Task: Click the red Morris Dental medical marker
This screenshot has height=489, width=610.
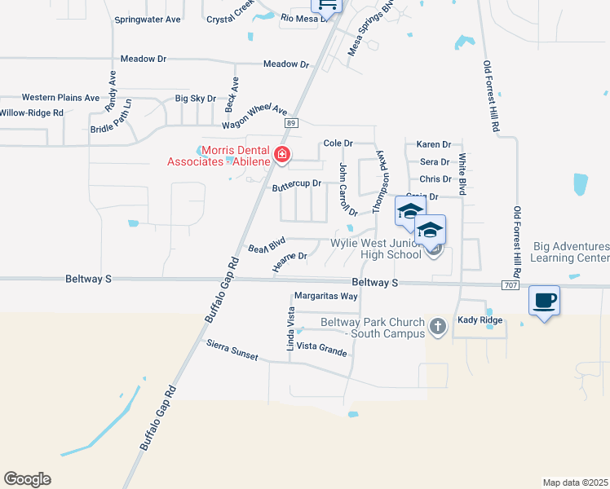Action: click(x=282, y=155)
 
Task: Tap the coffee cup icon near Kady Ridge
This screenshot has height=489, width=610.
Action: click(x=545, y=302)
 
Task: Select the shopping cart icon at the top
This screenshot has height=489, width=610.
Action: click(x=326, y=4)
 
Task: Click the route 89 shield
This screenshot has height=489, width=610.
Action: click(x=290, y=122)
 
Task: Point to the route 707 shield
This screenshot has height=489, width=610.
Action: click(x=511, y=285)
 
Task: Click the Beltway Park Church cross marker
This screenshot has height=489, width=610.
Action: click(x=437, y=327)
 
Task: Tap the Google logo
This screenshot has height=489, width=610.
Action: click(x=27, y=479)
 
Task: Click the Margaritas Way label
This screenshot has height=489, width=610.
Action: click(x=326, y=296)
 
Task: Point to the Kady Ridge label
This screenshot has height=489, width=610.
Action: click(x=480, y=320)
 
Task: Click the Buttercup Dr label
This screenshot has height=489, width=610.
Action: click(x=297, y=185)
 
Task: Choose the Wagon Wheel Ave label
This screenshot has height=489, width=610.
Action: click(x=256, y=117)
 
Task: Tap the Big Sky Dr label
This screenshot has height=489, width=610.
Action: click(x=196, y=99)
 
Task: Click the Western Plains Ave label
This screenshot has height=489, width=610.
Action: click(x=61, y=97)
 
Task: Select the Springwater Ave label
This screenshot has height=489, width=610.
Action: click(x=148, y=19)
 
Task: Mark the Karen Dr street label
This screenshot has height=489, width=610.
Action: click(x=433, y=144)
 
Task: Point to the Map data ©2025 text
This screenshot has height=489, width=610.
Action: click(x=576, y=482)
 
